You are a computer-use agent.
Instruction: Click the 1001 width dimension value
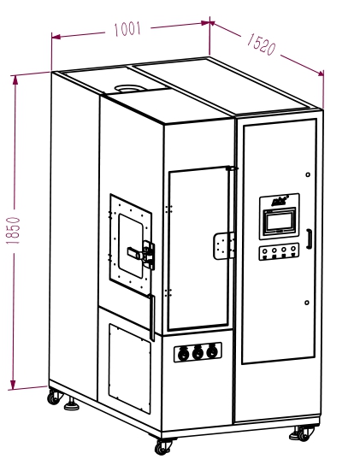point(127,29)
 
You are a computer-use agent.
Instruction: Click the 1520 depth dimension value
point(261,44)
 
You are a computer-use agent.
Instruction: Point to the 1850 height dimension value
point(13,231)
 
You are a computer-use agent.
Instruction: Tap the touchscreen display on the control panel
point(280,222)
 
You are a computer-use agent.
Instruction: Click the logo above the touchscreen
point(279,201)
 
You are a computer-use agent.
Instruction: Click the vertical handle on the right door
point(309,238)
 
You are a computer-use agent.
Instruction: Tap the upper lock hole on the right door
point(308,174)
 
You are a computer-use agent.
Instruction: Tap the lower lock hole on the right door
point(307,303)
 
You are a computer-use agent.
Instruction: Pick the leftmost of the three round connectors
point(183,354)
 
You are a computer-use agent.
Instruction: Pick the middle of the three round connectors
point(198,352)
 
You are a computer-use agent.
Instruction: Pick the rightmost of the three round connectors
point(212,351)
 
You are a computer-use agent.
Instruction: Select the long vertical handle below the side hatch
point(152,318)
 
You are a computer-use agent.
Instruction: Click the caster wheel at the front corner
point(162,447)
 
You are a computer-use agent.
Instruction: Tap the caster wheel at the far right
point(303,433)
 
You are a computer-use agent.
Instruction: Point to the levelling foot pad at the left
point(72,404)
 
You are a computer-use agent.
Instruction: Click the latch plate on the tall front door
point(224,245)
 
